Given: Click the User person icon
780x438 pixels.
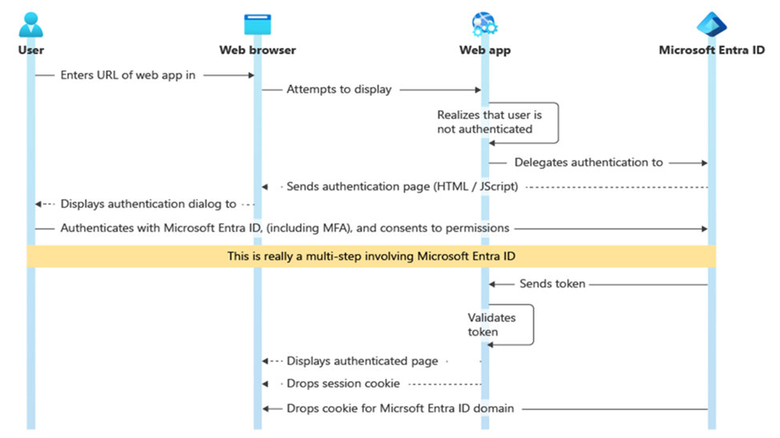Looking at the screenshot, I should [30, 24].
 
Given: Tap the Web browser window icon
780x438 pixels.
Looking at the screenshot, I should [258, 24].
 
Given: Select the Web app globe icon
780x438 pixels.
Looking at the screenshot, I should [484, 24].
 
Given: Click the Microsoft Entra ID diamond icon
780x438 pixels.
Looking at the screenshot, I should [711, 24].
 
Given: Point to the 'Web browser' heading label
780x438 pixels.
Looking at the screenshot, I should [258, 50].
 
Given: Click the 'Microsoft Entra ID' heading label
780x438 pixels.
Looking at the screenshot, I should [711, 50].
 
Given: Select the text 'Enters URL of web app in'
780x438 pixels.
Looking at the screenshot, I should [128, 75].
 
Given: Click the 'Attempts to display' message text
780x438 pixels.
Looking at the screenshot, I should [339, 90].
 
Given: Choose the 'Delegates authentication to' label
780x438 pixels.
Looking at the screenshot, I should [588, 162].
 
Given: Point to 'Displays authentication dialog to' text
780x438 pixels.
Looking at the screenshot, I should [148, 204].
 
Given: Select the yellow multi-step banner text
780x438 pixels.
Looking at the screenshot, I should [371, 256].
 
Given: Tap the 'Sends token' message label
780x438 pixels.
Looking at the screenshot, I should [552, 284].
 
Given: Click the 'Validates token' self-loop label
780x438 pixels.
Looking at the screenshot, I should [491, 325].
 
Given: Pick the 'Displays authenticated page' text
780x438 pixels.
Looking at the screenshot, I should [362, 361].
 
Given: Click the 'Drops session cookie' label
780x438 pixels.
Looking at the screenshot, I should [343, 384].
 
